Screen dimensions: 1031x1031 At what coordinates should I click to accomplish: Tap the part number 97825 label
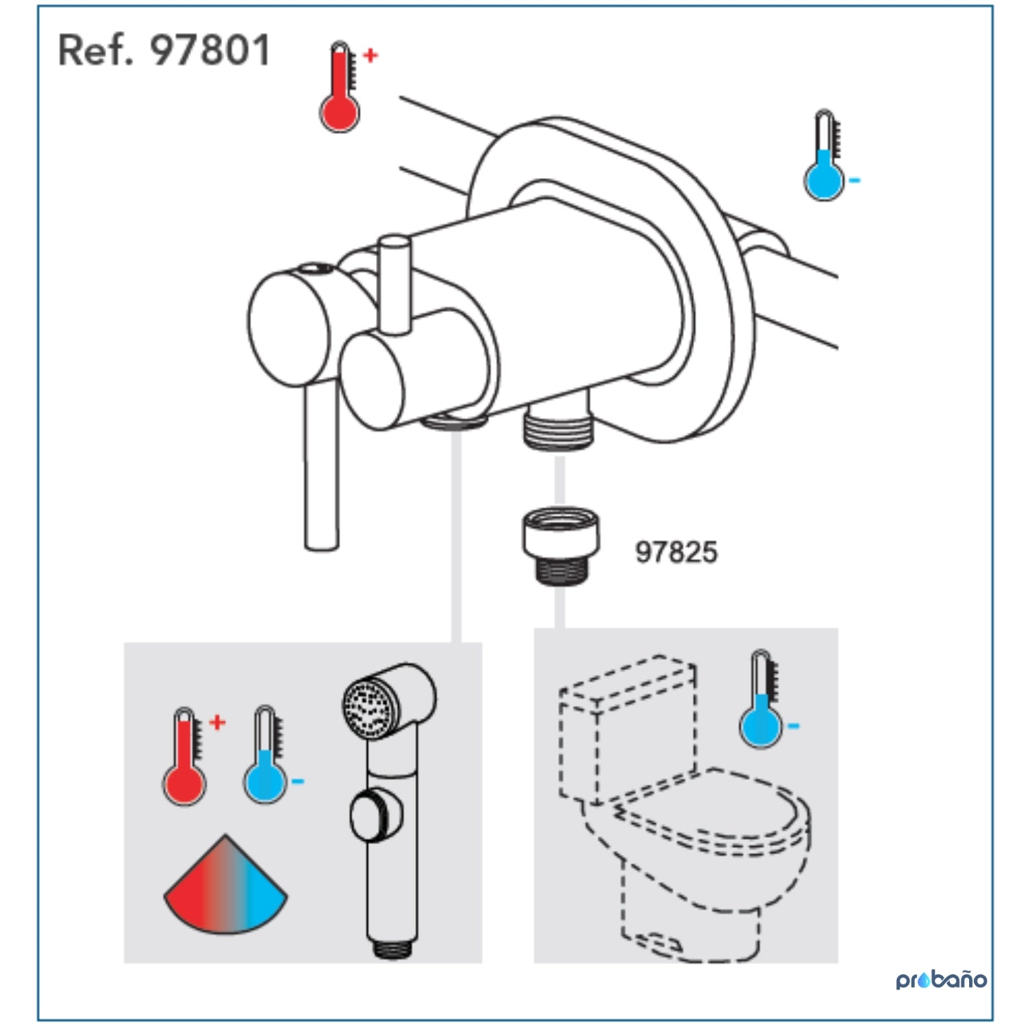[676, 552]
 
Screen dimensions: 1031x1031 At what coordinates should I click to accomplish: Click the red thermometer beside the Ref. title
[340, 87]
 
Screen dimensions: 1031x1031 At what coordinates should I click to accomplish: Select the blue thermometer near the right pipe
[824, 155]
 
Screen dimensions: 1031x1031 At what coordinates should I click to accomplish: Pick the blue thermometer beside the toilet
[761, 699]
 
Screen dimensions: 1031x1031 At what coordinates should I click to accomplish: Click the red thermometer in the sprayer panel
[184, 756]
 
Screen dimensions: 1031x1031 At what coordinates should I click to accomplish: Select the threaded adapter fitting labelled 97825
[561, 546]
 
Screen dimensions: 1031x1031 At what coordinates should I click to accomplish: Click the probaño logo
[941, 979]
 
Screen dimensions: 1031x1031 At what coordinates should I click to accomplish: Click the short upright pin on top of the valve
[395, 285]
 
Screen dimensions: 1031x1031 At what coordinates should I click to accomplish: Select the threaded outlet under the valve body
[558, 423]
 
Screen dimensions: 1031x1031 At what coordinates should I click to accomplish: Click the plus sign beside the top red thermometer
[370, 55]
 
